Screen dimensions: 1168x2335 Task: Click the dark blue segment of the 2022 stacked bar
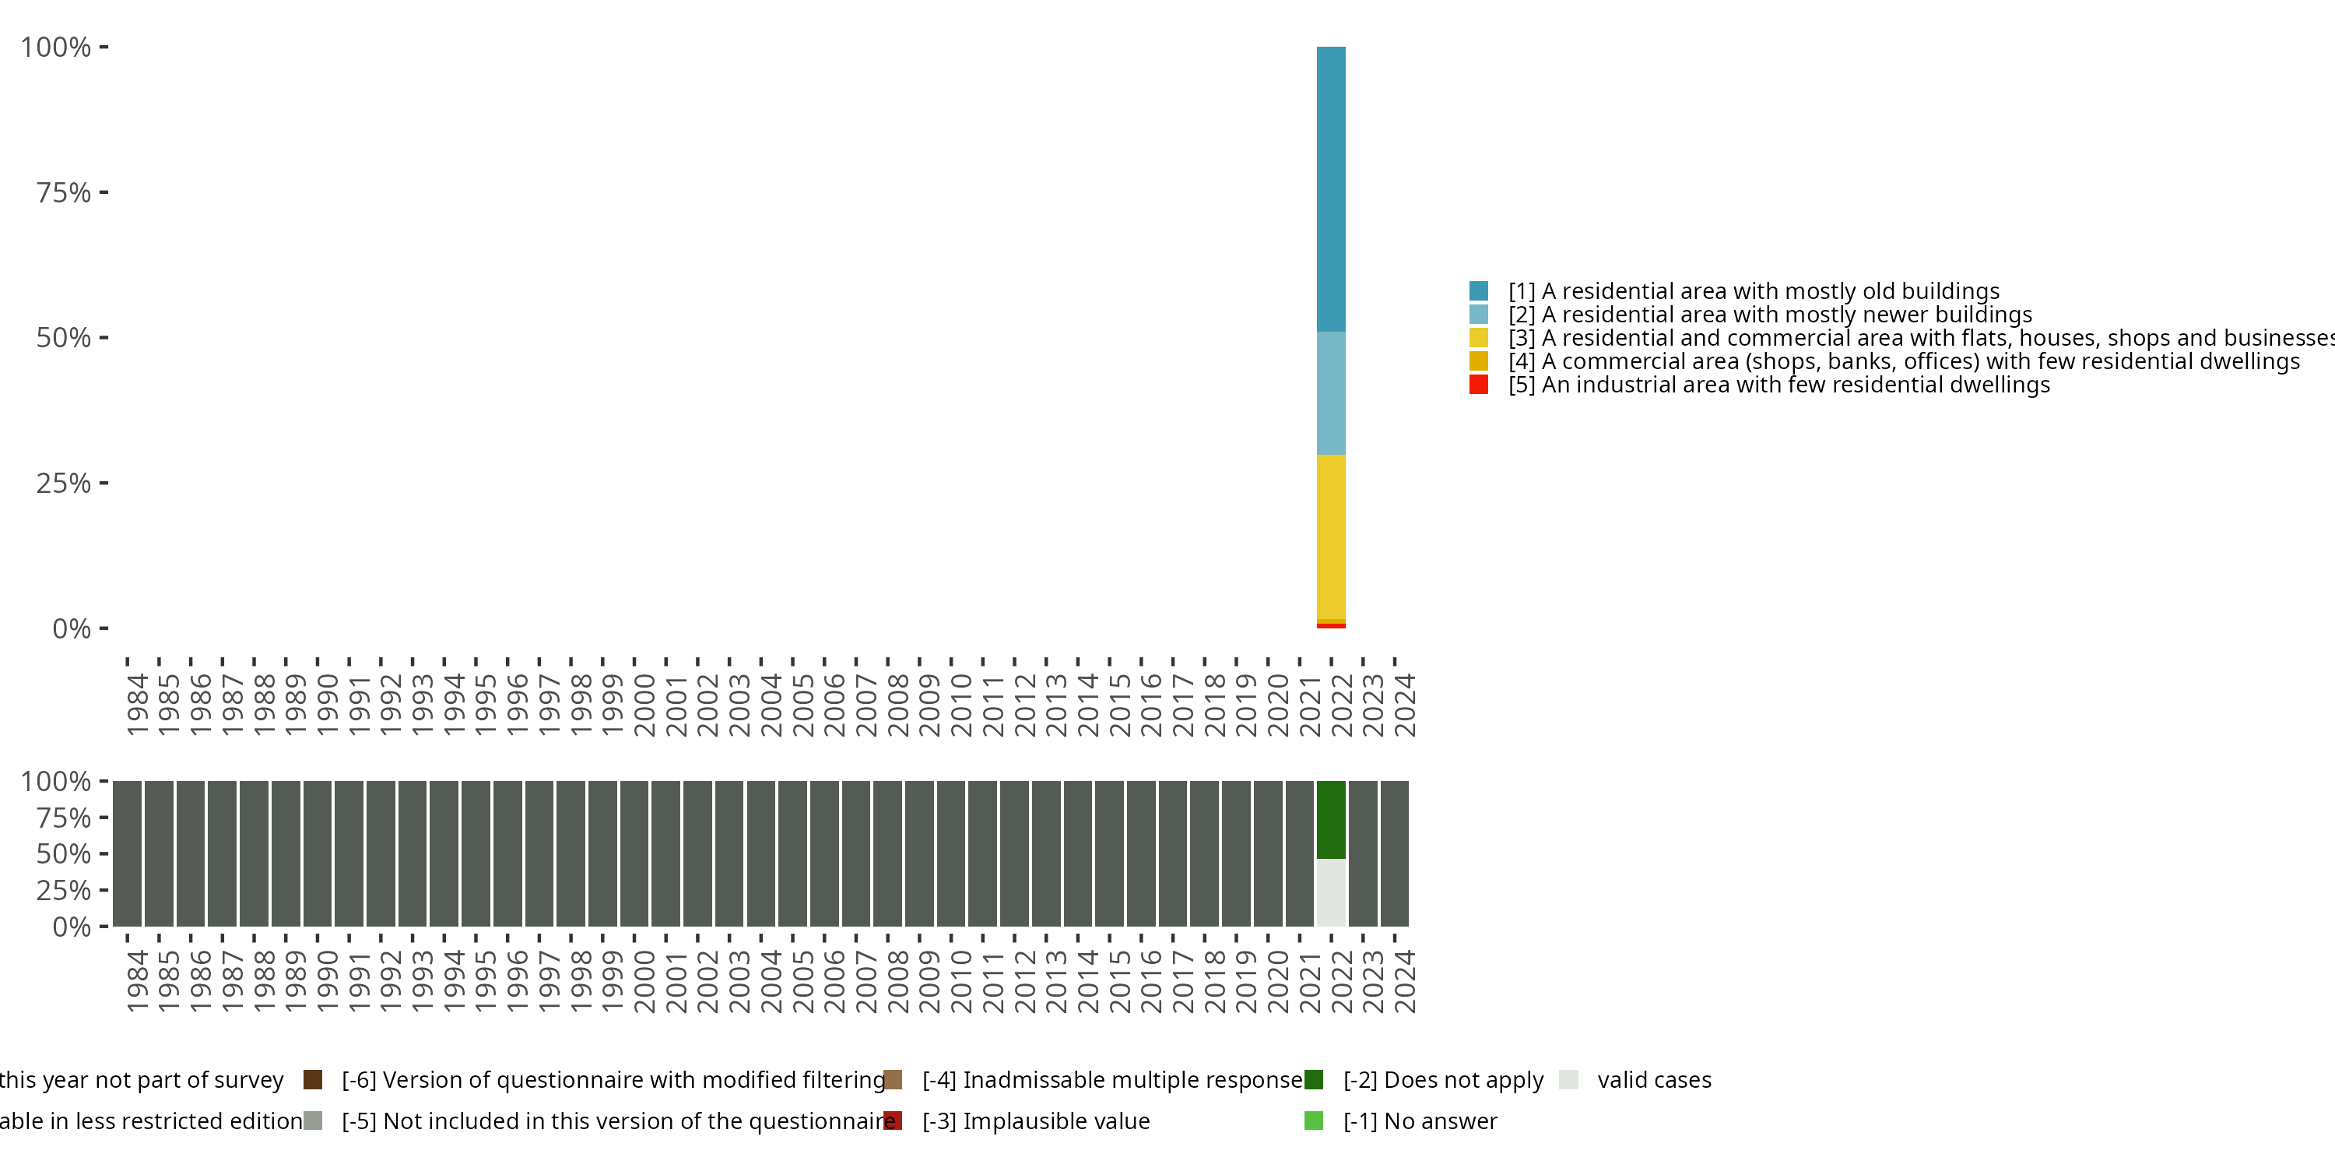[x=1331, y=188]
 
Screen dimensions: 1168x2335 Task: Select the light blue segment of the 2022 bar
[x=1331, y=392]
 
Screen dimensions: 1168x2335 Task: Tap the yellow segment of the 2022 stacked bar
[x=1331, y=536]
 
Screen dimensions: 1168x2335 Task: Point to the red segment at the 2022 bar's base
[x=1331, y=626]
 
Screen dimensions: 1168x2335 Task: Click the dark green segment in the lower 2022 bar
[x=1331, y=819]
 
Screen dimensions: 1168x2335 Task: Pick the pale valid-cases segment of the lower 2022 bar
[x=1331, y=892]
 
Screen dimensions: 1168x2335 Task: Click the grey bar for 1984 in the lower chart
[x=127, y=853]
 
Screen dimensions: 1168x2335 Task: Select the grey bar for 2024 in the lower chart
[x=1394, y=853]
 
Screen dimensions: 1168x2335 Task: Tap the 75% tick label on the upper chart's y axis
[x=64, y=192]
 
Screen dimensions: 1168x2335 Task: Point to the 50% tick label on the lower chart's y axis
[x=64, y=853]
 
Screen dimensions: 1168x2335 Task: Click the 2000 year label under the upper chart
[x=644, y=705]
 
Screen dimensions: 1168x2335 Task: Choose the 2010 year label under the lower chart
[x=960, y=981]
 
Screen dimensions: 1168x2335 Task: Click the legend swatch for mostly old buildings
[x=1478, y=291]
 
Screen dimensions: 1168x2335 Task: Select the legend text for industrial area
[x=1778, y=385]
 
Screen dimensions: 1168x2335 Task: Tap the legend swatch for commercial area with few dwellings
[x=1478, y=361]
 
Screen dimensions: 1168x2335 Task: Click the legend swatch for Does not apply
[x=1314, y=1079]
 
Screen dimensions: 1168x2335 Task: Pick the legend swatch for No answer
[x=1314, y=1121]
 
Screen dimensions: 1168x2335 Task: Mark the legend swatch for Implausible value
[x=893, y=1121]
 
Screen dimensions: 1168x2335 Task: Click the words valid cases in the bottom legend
[x=1654, y=1079]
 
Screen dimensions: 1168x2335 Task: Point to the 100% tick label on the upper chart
[x=56, y=47]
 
